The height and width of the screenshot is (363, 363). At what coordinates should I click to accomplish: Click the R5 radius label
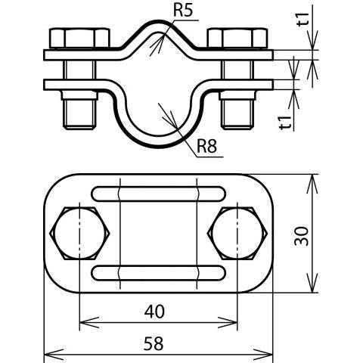[x=183, y=11]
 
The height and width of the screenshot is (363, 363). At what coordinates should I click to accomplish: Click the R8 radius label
[x=206, y=146]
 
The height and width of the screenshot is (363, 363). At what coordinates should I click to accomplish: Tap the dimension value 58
[x=154, y=343]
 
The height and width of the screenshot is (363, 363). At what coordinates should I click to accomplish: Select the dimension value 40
[x=154, y=311]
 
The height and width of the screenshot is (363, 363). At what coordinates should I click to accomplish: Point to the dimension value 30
[x=302, y=236]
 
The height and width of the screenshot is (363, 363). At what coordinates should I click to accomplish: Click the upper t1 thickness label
[x=303, y=20]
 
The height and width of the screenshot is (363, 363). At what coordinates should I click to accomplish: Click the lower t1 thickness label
[x=285, y=123]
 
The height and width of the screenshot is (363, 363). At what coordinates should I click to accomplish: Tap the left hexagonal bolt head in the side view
[x=80, y=38]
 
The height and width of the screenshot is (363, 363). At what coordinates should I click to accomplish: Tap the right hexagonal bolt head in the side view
[x=237, y=38]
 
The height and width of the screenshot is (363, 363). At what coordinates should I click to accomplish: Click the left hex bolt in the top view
[x=79, y=234]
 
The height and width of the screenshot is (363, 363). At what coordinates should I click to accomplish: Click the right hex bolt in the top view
[x=237, y=234]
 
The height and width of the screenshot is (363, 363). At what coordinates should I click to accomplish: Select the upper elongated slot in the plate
[x=159, y=194]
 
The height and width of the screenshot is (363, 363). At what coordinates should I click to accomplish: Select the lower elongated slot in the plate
[x=159, y=273]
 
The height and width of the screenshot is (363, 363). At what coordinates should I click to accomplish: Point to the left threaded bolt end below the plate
[x=79, y=110]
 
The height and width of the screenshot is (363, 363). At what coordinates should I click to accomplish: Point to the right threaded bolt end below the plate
[x=237, y=110]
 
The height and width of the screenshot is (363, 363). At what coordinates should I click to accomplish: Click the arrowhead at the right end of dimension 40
[x=228, y=322]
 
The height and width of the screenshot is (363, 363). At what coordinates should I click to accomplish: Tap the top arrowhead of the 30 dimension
[x=312, y=184]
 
